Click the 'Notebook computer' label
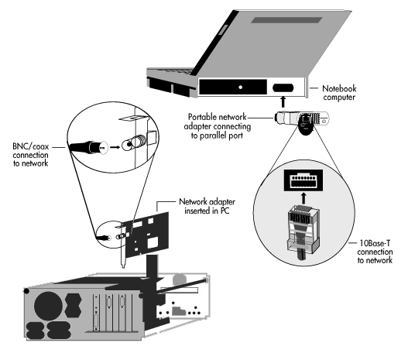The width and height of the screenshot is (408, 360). (339, 93)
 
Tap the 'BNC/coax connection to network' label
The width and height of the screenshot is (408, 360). (31, 155)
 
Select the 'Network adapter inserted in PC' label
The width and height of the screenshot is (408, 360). (207, 206)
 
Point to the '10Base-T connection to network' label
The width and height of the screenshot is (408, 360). (375, 252)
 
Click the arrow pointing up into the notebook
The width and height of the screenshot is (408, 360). (283, 101)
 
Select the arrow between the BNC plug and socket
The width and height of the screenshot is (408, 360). (115, 147)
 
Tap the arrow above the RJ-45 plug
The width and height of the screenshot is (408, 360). (303, 198)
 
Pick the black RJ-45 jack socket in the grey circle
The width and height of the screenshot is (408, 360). (303, 180)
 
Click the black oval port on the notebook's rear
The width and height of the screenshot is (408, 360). (283, 88)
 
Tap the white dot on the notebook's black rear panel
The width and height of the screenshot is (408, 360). (241, 87)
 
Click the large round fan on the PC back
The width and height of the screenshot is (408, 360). (49, 306)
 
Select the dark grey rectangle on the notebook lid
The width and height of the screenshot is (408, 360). (286, 20)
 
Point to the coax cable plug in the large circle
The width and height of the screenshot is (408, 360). (88, 148)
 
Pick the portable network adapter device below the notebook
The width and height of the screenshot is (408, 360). (302, 122)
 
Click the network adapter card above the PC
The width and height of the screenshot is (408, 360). (146, 235)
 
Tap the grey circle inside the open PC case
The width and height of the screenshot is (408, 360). (180, 279)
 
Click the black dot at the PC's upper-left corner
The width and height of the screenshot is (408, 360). (26, 291)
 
